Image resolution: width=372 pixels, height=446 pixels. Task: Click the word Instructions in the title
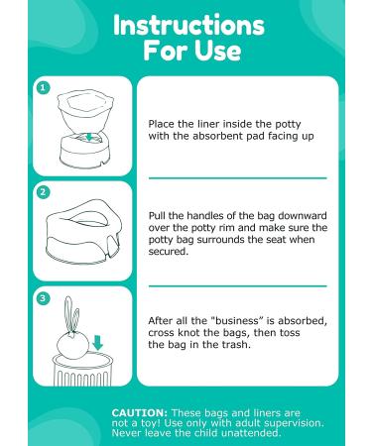tap(188, 25)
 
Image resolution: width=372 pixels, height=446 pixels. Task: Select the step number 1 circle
tap(43, 88)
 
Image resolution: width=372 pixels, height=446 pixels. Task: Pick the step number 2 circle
tap(43, 192)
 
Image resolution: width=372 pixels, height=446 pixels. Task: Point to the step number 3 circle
tap(43, 298)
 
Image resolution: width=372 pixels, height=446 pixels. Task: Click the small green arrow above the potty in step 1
tap(89, 136)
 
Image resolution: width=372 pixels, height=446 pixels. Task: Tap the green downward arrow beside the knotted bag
tap(97, 343)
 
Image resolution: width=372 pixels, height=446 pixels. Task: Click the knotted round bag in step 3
tap(72, 345)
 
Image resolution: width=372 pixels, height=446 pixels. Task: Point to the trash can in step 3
tap(82, 369)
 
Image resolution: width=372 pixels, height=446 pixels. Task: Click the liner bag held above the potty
tap(85, 111)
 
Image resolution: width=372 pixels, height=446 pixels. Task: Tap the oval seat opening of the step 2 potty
tap(87, 216)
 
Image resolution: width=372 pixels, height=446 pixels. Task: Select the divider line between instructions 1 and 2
tap(237, 178)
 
